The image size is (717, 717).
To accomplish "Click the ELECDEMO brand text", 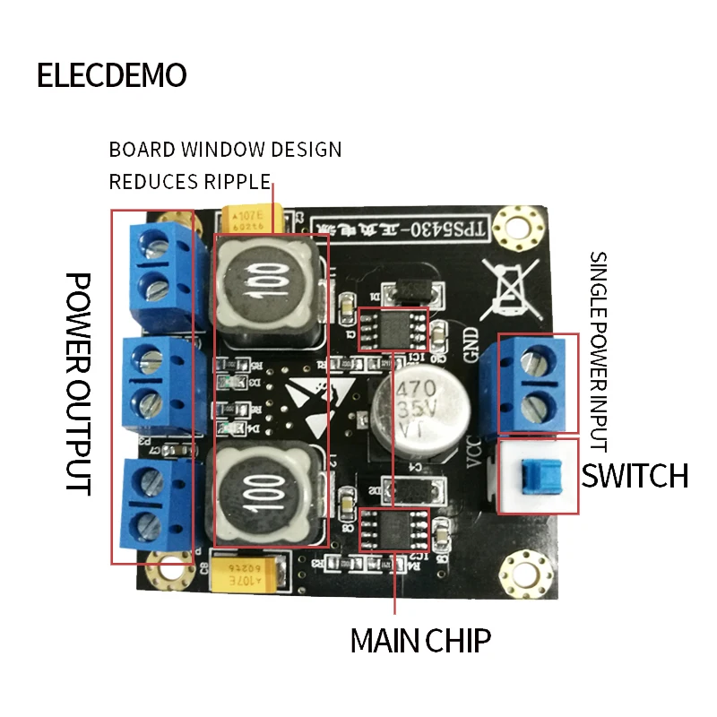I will pyautogui.click(x=111, y=75).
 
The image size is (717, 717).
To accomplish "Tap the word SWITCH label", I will pyautogui.click(x=635, y=476).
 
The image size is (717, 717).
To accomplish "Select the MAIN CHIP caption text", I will pyautogui.click(x=419, y=641).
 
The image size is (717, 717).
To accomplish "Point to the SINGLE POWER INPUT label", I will pyautogui.click(x=598, y=350).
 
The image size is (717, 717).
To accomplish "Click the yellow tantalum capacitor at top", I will pyautogui.click(x=254, y=219).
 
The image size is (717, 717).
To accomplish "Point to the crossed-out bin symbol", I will pyautogui.click(x=508, y=289).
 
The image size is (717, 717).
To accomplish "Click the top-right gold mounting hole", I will pyautogui.click(x=517, y=220).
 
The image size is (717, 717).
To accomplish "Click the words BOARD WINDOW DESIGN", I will pyautogui.click(x=225, y=149).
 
